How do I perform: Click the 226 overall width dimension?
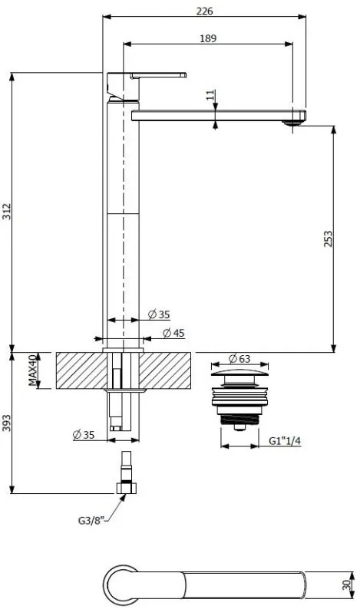204,12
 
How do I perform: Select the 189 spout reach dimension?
208,38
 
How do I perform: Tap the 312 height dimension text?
7,211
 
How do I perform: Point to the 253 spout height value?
328,239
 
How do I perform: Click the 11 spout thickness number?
210,95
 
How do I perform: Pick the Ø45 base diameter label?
173,333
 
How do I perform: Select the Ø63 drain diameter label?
239,358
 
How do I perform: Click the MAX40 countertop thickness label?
34,370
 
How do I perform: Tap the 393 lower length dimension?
7,423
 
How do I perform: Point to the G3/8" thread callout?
92,521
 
